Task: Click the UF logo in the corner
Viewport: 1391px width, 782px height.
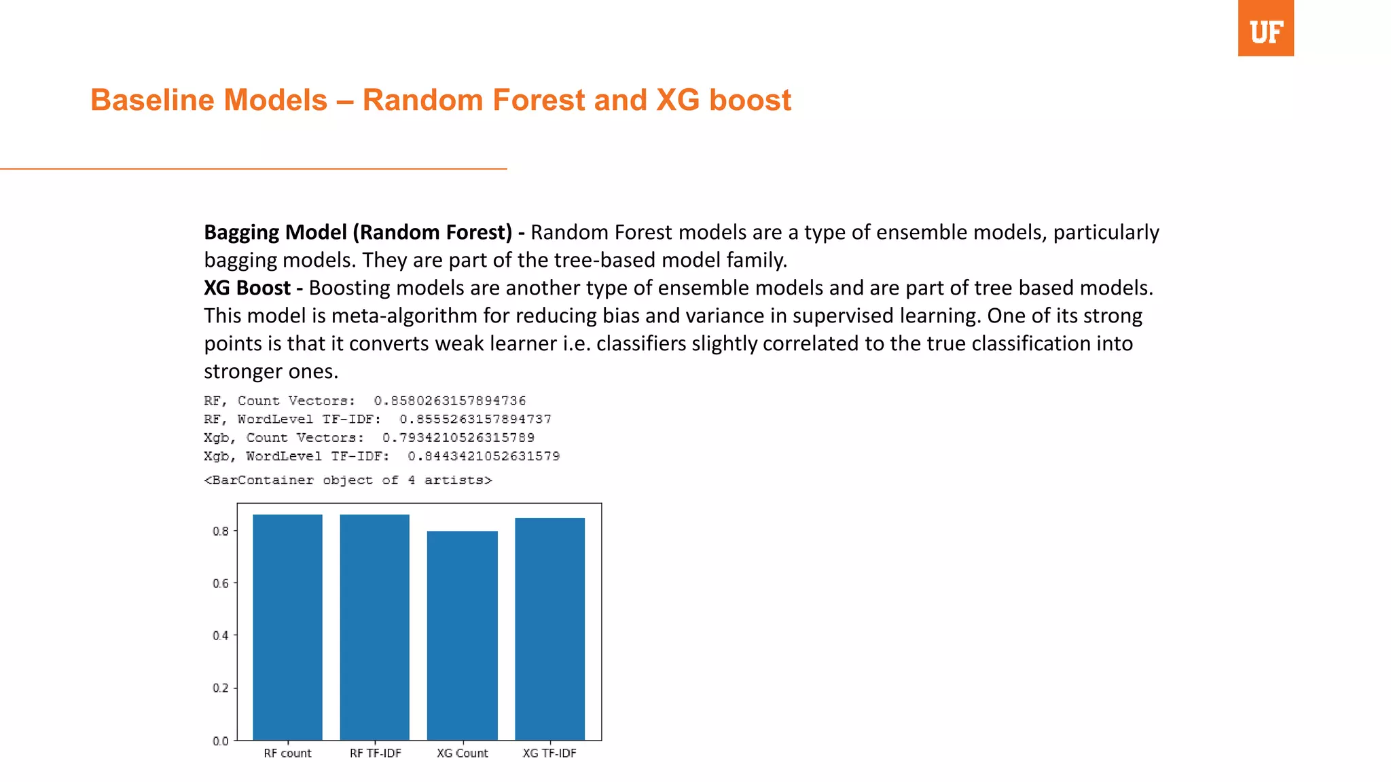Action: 1265,29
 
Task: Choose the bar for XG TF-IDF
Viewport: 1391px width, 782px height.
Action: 549,629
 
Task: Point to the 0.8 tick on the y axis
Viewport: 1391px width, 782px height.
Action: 221,531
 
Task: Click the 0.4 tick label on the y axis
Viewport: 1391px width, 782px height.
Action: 221,635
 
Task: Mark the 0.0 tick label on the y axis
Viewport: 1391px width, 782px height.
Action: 221,741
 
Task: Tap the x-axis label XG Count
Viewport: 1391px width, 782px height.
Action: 462,753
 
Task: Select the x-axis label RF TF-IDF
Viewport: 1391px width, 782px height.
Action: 375,753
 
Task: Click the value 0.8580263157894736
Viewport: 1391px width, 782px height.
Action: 450,401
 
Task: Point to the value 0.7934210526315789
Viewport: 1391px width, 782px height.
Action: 458,438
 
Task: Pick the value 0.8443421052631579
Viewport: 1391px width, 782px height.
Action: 483,456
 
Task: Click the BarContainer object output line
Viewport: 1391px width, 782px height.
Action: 348,480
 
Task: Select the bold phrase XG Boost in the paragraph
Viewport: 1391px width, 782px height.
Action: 247,288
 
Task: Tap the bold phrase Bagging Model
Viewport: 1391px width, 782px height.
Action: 275,232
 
